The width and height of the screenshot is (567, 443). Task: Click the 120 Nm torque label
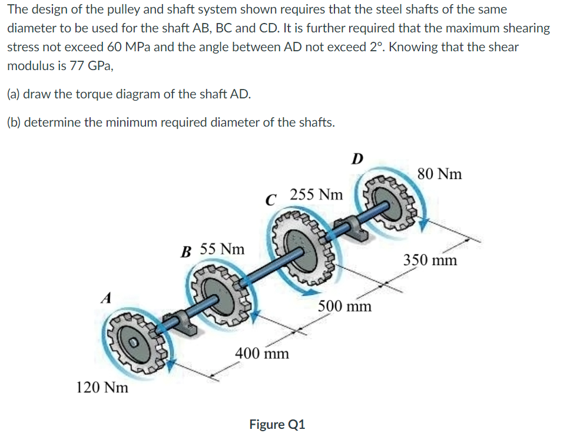coord(102,388)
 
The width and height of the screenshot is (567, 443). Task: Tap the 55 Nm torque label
coord(222,249)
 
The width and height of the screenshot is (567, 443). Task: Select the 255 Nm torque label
coord(316,194)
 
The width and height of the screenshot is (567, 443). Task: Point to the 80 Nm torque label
coord(439,174)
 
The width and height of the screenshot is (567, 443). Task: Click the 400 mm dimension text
coord(262,353)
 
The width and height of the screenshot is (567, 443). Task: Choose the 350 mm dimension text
coord(430,260)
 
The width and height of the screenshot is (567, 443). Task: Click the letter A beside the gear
coord(106,298)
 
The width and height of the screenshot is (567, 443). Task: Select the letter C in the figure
coord(270,200)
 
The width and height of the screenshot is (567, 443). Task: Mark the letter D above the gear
coord(357,158)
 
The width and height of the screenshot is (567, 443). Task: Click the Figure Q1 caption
coord(277,424)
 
